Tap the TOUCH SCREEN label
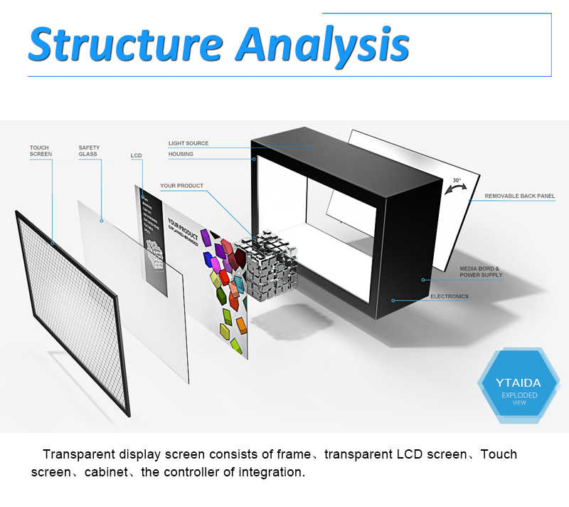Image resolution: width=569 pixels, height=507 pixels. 40,151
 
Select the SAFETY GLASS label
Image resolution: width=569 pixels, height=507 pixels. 89,151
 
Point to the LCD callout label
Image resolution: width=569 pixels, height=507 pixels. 137,155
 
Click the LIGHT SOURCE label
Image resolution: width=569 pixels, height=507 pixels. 188,143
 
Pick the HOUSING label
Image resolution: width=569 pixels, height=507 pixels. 181,154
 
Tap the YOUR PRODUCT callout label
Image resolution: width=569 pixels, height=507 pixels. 181,186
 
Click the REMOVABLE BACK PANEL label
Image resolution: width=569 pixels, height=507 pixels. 520,196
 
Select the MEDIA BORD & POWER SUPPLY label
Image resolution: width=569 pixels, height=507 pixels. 481,272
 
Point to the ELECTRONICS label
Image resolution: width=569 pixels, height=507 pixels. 450,296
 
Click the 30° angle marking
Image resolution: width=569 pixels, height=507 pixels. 457,180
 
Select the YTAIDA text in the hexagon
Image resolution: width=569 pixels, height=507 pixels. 518,383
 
